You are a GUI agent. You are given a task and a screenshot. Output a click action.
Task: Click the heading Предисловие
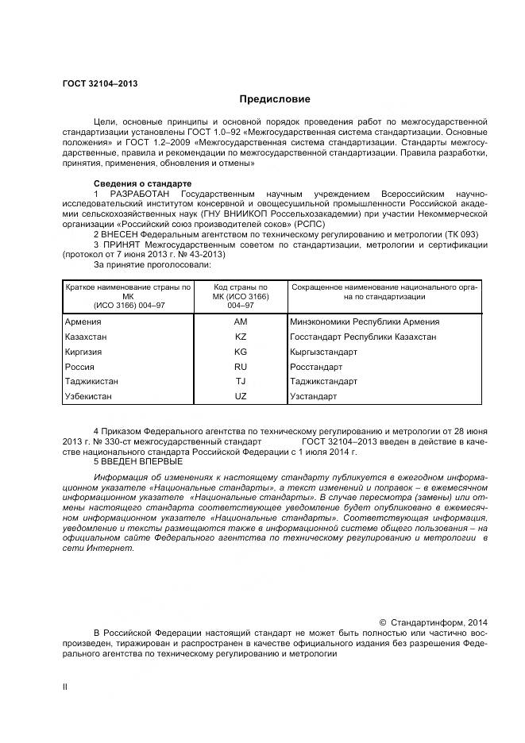[276, 100]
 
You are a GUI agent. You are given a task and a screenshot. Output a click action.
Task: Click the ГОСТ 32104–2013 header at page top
[94, 83]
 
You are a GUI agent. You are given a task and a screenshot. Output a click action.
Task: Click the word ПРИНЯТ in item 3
[123, 244]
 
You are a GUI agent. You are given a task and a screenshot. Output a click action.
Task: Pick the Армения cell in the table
[83, 321]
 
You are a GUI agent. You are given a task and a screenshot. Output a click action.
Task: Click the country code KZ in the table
[241, 337]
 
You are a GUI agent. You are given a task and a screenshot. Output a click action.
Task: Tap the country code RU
[241, 367]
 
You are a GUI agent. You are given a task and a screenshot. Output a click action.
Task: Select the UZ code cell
[241, 396]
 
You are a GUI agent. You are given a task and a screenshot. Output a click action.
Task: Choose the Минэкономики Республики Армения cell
[365, 321]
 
